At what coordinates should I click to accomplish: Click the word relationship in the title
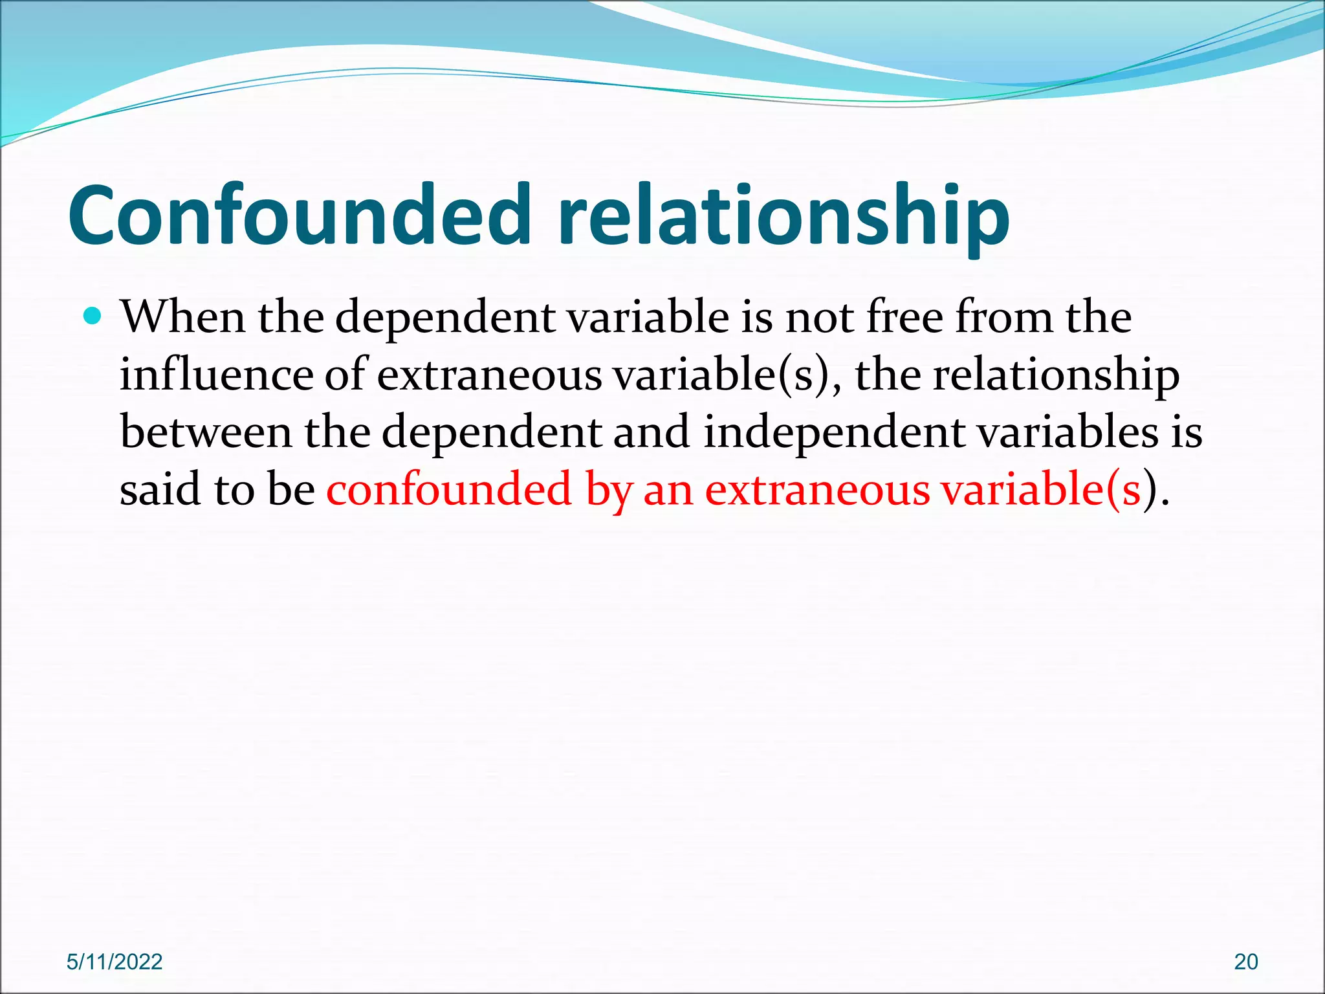tap(783, 215)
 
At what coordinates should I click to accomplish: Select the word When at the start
tap(182, 317)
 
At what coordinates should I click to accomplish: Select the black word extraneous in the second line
tap(489, 375)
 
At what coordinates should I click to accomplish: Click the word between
tap(206, 432)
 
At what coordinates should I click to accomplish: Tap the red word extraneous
tap(817, 490)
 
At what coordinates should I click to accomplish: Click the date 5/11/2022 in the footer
tap(115, 962)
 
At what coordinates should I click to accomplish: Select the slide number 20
tap(1245, 962)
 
